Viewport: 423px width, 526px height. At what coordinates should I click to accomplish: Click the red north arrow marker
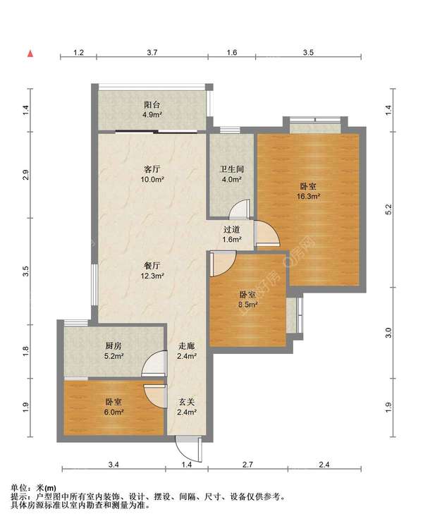point(30,54)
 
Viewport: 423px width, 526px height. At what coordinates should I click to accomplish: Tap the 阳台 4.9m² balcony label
point(152,110)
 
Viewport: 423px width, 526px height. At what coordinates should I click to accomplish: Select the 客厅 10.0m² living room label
point(152,174)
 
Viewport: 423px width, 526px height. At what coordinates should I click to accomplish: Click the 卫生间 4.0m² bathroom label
point(231,174)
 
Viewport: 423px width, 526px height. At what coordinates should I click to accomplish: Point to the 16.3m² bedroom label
point(308,191)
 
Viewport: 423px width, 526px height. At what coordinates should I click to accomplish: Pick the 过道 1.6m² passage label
point(232,235)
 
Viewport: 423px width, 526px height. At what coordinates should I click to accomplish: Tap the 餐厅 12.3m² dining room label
point(152,271)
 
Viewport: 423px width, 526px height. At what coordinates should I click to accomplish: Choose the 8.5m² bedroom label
point(248,300)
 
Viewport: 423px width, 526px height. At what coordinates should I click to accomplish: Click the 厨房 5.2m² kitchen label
point(114,351)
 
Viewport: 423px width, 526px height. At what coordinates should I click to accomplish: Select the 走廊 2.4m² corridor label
point(187,351)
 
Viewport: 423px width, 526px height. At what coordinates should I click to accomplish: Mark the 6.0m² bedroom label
point(114,407)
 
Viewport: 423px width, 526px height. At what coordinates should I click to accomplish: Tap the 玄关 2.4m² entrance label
point(187,407)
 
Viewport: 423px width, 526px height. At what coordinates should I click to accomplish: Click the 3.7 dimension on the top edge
point(152,52)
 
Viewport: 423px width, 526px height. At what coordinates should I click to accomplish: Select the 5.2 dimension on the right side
point(388,209)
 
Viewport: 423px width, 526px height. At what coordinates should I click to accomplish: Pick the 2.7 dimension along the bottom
point(247,465)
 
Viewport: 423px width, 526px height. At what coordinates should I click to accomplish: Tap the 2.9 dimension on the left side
point(26,175)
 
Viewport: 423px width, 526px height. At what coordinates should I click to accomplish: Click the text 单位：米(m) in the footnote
point(34,488)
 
